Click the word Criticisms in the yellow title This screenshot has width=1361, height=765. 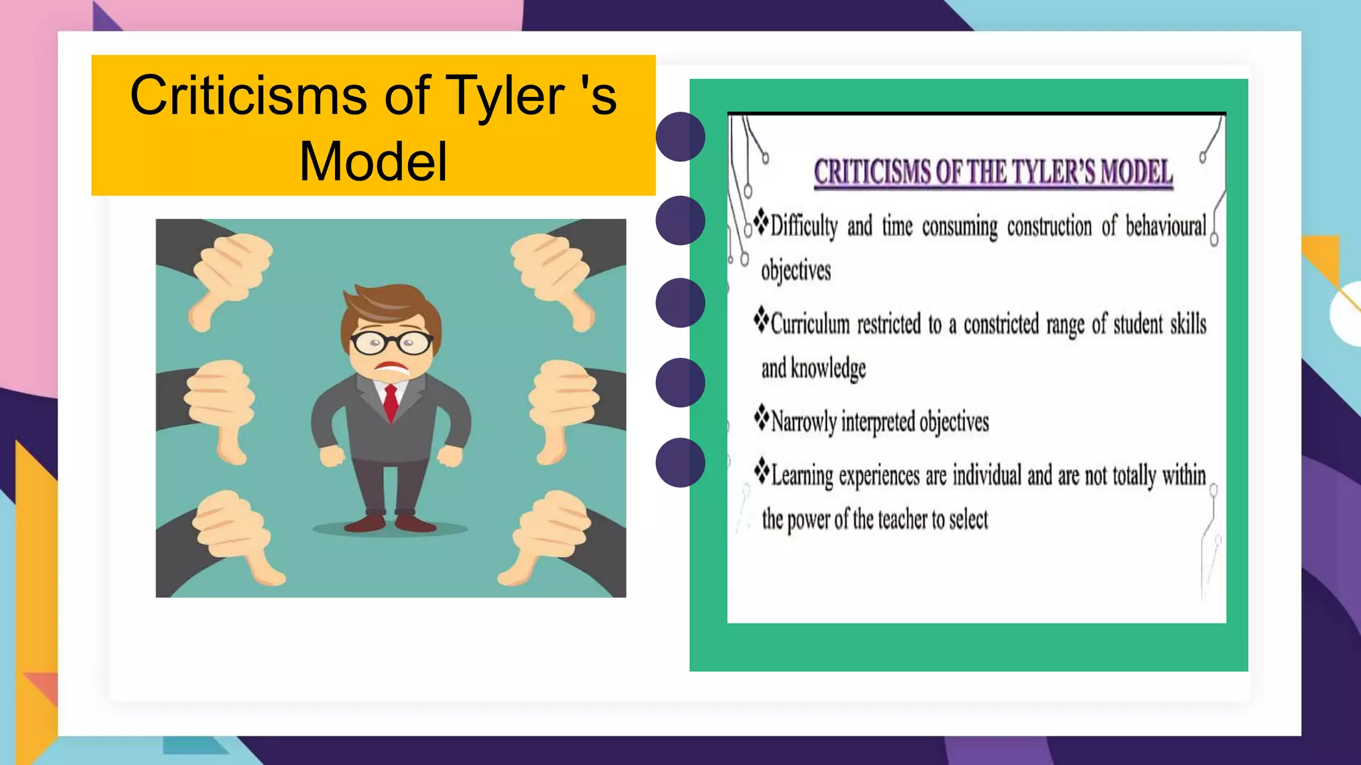click(x=248, y=96)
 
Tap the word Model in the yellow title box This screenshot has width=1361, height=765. click(x=373, y=161)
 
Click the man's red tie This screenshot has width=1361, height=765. click(x=391, y=401)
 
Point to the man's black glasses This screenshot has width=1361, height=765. click(x=391, y=342)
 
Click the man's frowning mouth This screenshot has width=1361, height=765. click(x=392, y=367)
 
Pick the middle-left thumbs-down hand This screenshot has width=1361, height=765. click(x=219, y=405)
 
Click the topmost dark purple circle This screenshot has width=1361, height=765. click(x=680, y=137)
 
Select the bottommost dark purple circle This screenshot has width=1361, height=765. click(x=680, y=462)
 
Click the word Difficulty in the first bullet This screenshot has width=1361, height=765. click(x=804, y=226)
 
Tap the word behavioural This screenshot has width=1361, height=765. click(x=1166, y=226)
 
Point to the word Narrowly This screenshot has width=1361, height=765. click(x=803, y=422)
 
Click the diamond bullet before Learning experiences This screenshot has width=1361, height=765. click(x=762, y=469)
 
